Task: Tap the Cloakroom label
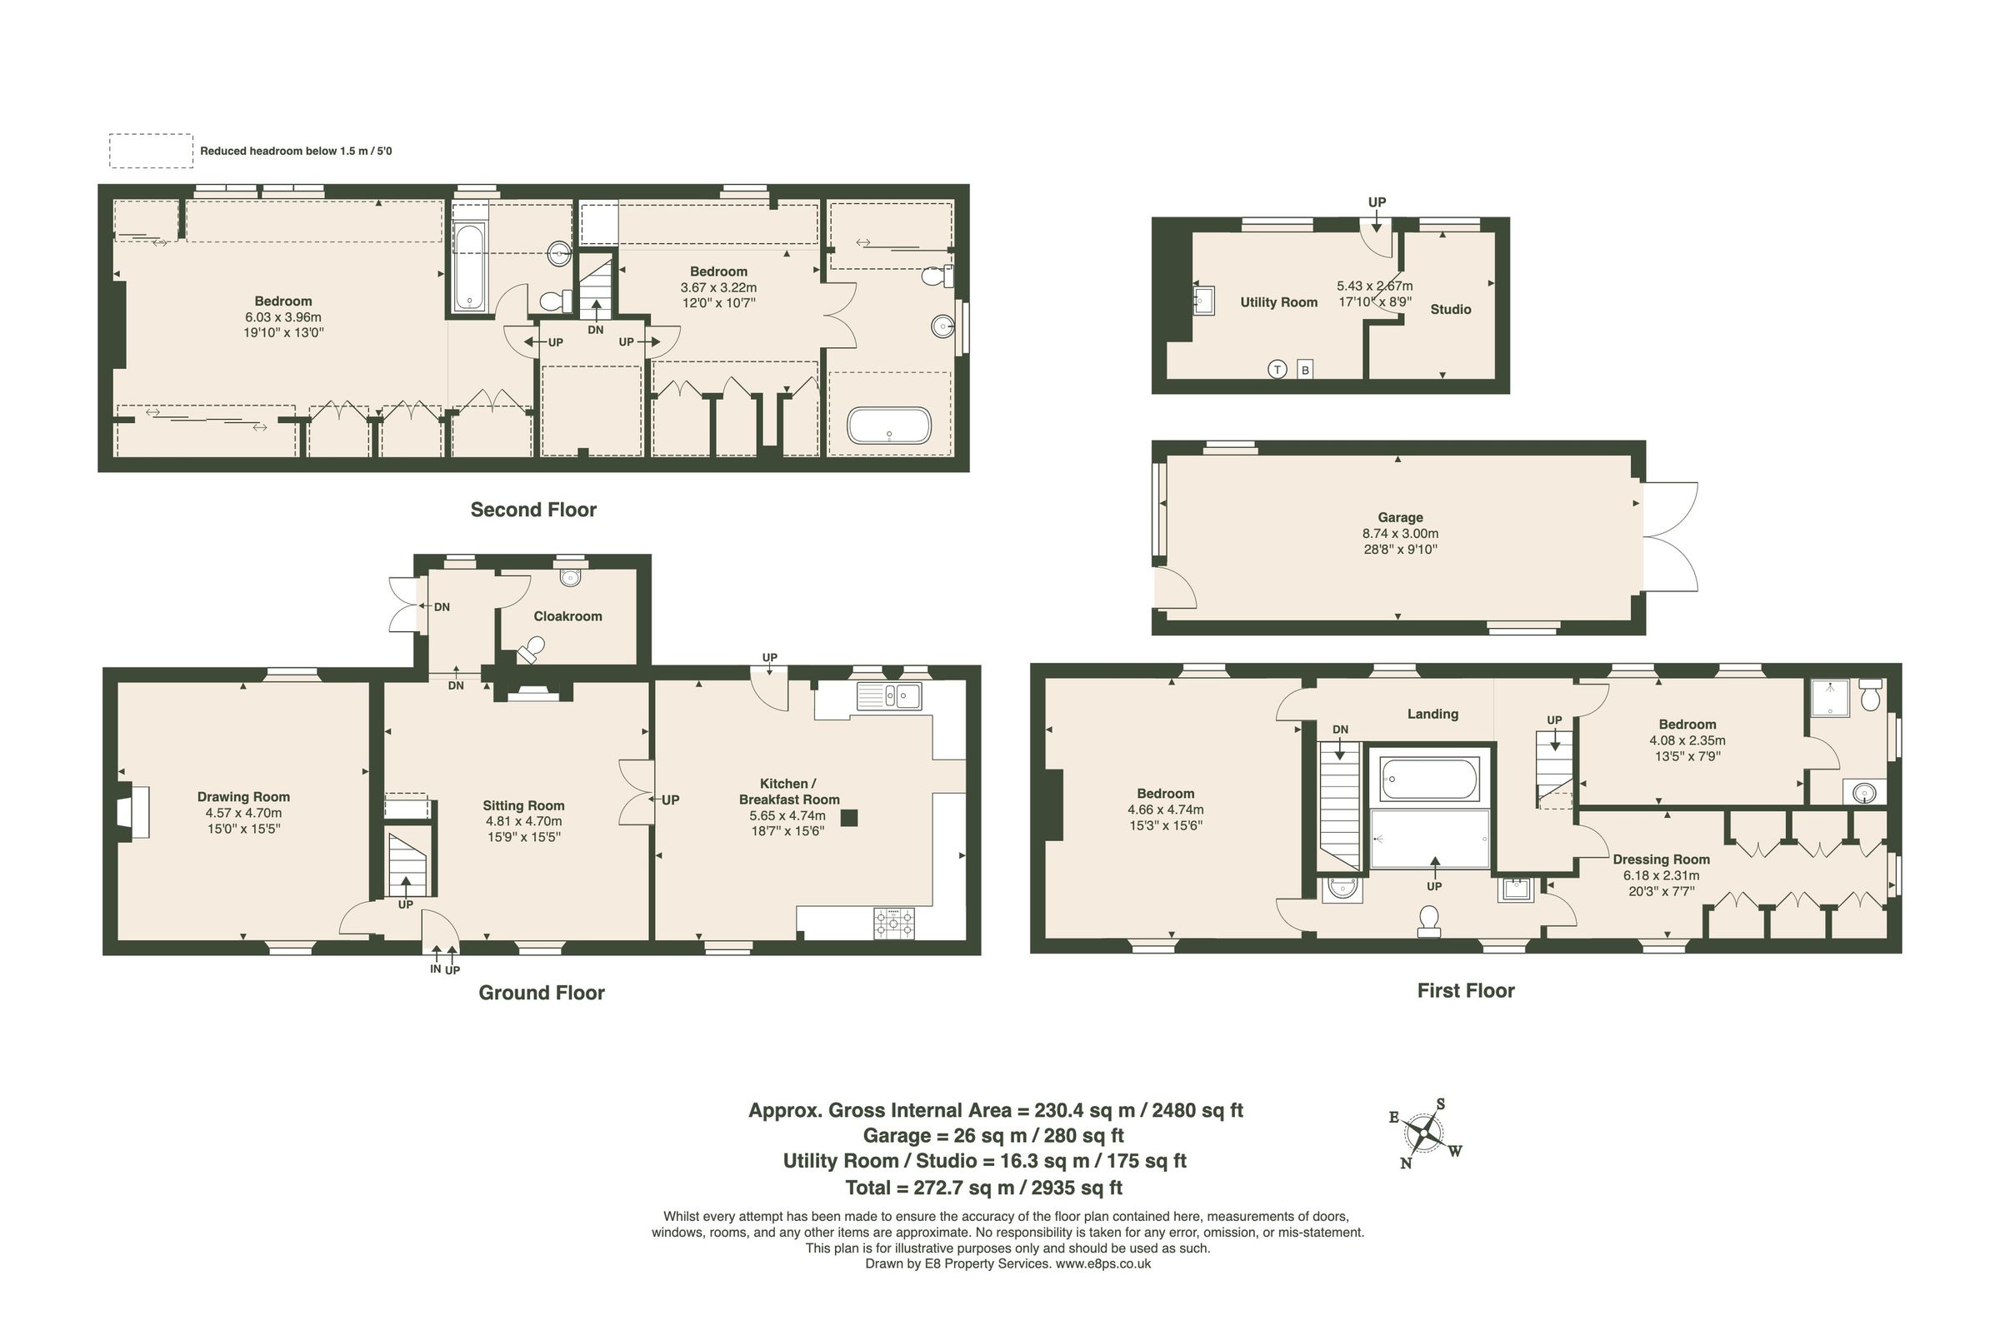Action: (567, 615)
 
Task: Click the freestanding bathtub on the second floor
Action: (888, 425)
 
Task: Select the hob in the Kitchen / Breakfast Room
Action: (894, 923)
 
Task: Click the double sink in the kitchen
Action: (888, 695)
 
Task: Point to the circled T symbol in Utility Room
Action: (1277, 369)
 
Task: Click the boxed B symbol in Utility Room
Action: (1305, 370)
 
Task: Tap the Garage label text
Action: (1400, 516)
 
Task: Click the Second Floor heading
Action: (532, 509)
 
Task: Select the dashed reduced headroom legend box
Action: (151, 151)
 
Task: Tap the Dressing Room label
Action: (1661, 859)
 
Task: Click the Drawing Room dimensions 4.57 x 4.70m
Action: (243, 813)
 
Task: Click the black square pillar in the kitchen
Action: (848, 818)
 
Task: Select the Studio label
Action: (1450, 309)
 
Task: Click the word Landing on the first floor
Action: (1432, 714)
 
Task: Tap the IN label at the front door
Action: (435, 969)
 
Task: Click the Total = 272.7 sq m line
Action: (983, 1188)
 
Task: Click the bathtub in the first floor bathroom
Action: (1429, 778)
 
